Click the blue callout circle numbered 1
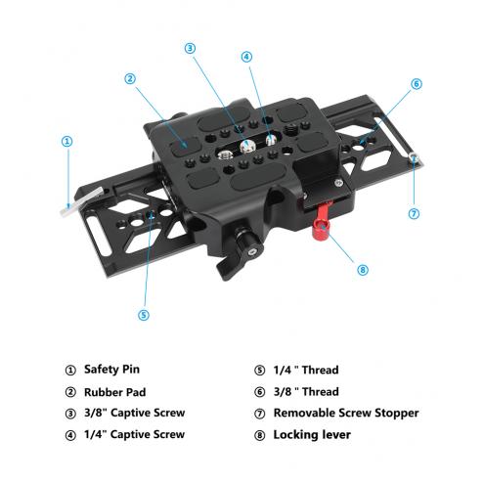point(66,141)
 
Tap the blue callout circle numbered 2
point(130,78)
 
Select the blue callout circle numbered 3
point(190,48)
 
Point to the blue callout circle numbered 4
point(246,57)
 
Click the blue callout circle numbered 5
point(144,315)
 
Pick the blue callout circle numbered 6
point(417,84)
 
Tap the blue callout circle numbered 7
point(414,214)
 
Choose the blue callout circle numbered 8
point(363,270)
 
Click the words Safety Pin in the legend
point(111,370)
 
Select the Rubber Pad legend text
point(114,392)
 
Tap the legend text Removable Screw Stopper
point(346,413)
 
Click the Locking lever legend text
point(312,435)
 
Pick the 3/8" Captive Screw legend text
point(134,413)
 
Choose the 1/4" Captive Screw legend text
point(134,434)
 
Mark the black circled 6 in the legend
point(259,392)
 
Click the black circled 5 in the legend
point(259,371)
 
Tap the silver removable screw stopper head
point(414,157)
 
